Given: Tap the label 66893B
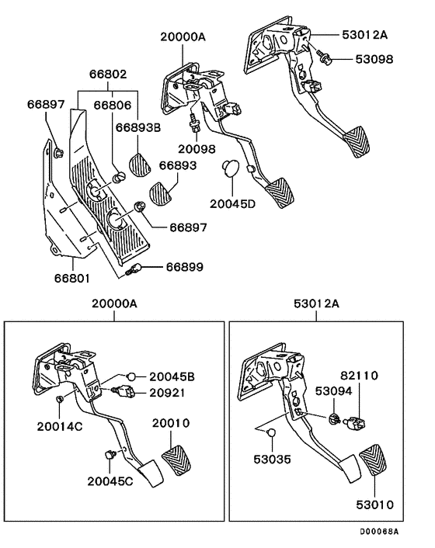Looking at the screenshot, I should tap(138, 128).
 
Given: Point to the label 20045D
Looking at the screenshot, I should tap(232, 206).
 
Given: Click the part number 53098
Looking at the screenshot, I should tap(374, 59).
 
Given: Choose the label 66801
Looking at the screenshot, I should tap(71, 276).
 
